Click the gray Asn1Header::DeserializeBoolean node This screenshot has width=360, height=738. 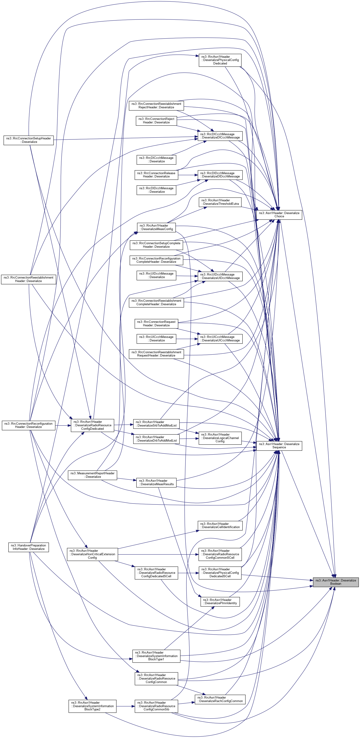[335, 582]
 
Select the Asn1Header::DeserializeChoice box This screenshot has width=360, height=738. [279, 215]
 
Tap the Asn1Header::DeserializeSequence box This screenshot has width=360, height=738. [279, 446]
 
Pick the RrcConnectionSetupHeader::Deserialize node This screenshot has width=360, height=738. [28, 140]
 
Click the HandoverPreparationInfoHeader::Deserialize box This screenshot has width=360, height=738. [28, 547]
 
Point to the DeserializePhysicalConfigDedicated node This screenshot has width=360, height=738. [220, 60]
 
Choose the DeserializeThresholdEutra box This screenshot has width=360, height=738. [220, 202]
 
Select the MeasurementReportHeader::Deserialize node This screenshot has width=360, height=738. [92, 475]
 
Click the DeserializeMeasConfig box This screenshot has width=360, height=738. [156, 227]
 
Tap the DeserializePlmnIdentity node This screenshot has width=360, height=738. [220, 601]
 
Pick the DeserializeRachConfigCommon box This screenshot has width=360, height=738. [220, 699]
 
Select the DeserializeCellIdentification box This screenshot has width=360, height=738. [220, 525]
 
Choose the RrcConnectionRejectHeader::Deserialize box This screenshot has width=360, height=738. [156, 121]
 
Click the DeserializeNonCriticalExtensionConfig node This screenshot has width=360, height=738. [92, 554]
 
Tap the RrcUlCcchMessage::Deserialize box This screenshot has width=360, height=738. [156, 339]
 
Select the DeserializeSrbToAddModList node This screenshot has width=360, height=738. [156, 424]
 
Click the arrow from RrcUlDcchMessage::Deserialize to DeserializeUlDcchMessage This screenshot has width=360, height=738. [187, 276]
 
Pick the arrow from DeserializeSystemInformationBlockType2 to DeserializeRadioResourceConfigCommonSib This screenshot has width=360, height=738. [126, 706]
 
